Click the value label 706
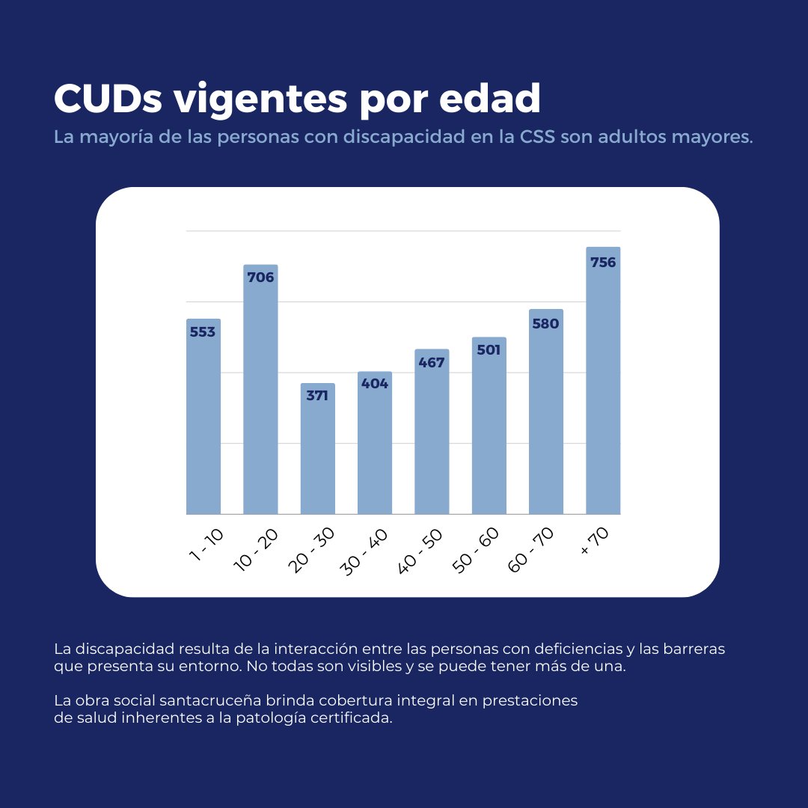260,278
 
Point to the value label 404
375,384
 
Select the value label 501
489,349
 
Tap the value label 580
545,324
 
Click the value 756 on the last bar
603,263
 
